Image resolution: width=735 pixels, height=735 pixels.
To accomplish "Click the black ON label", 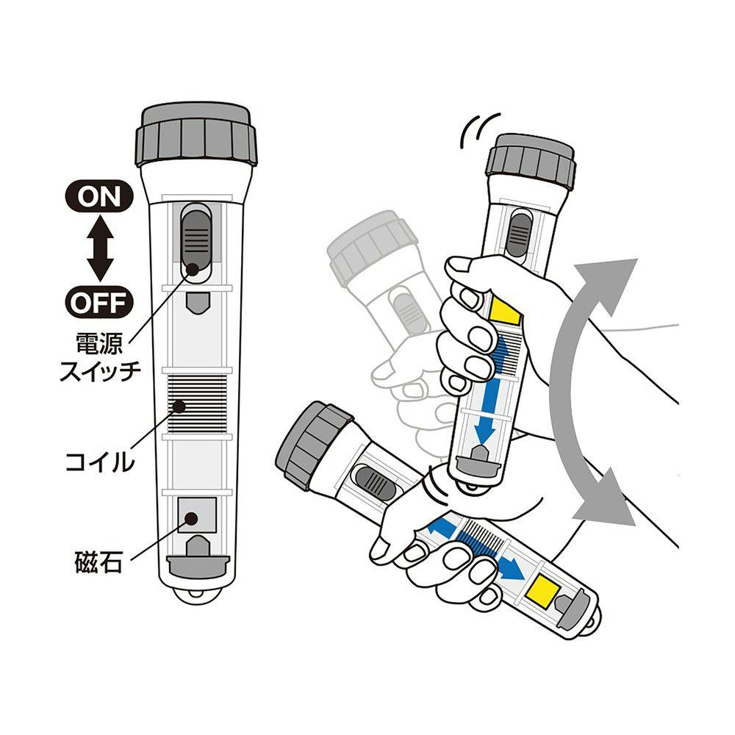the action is [99, 196].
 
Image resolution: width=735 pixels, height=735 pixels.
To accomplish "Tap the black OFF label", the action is [99, 303].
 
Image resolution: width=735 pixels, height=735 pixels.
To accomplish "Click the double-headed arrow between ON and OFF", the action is [99, 249].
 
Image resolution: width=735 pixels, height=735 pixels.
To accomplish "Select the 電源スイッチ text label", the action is [100, 357].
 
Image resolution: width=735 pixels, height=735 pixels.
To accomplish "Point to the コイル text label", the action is [99, 462].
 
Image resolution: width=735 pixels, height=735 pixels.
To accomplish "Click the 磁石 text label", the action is [98, 561].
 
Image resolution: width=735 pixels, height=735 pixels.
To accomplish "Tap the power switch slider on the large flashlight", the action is [196, 239].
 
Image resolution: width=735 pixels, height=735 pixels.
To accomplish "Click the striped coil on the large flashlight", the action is [197, 404].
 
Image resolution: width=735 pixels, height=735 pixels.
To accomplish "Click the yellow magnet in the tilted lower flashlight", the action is [543, 590].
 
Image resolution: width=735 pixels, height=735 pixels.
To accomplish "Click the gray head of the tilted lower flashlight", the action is [313, 442].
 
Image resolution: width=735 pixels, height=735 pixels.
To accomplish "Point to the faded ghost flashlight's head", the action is [371, 253].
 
